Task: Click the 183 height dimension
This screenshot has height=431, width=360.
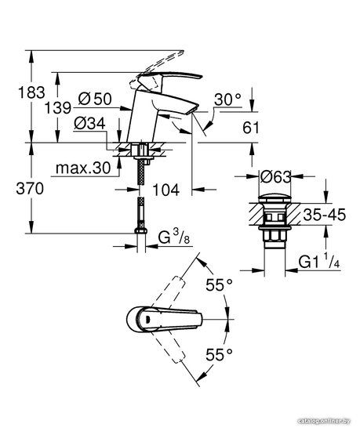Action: click(31, 92)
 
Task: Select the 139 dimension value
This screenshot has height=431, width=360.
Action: click(58, 107)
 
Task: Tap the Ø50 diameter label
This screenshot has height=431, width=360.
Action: click(95, 99)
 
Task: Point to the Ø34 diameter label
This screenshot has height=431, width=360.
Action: click(89, 123)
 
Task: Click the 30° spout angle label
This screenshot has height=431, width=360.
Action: click(227, 100)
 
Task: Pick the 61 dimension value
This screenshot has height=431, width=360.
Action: click(251, 128)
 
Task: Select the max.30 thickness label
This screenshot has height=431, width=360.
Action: click(83, 168)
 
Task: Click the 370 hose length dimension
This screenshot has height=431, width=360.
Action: click(30, 189)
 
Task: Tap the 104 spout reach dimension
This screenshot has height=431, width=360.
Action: click(165, 190)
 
